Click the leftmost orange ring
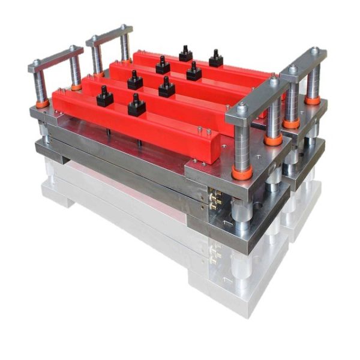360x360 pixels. coord(42,103)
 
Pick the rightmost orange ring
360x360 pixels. coord(312,100)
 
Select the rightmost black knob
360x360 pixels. coord(216,59)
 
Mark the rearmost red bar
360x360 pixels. coord(198,66)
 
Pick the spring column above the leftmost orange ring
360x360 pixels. coord(41,84)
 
